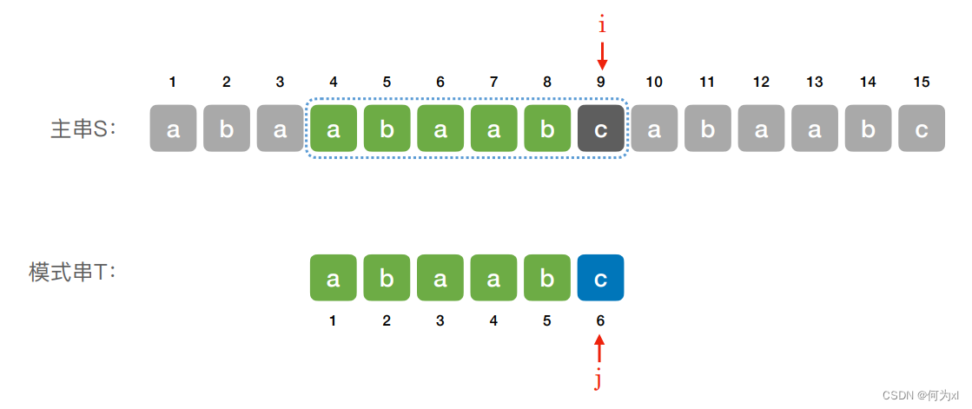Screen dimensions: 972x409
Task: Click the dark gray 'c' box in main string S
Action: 600,129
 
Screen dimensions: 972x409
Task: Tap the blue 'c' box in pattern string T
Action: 600,278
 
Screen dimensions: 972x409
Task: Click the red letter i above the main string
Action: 601,26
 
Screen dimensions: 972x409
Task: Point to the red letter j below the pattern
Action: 598,379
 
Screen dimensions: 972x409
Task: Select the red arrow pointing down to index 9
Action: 602,56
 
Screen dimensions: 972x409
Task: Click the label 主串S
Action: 83,129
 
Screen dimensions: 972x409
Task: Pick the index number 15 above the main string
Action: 922,82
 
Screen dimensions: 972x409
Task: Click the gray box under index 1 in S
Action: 173,129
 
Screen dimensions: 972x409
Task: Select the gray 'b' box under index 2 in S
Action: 227,129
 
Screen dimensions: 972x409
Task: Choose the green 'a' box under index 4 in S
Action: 334,129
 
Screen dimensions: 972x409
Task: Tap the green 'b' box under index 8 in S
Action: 547,129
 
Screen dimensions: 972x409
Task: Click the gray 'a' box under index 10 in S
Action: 654,129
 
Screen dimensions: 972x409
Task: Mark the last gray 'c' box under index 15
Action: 922,129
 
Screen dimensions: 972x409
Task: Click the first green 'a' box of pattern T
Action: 334,278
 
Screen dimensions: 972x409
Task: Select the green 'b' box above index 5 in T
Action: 547,278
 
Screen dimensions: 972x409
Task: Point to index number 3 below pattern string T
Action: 440,320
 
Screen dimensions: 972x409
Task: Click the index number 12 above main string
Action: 761,82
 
